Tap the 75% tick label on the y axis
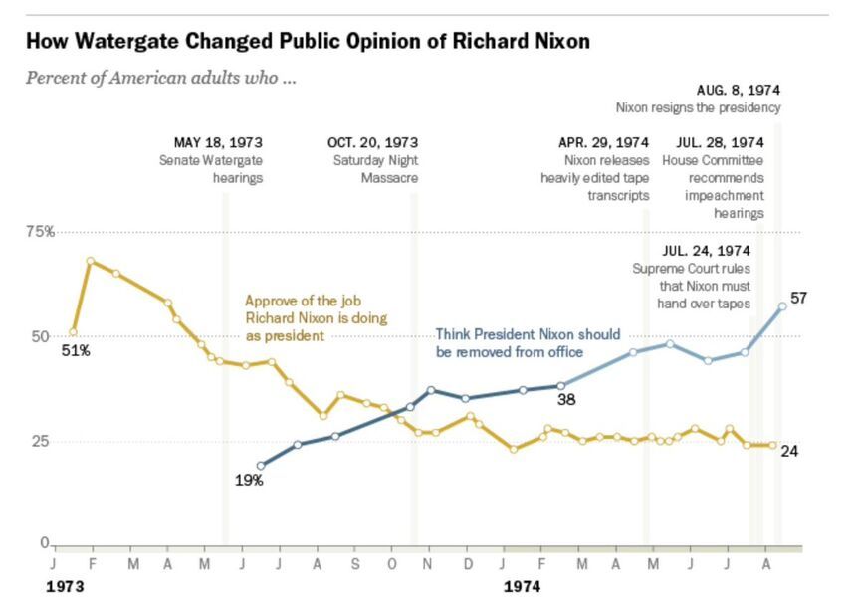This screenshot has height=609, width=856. tap(40, 232)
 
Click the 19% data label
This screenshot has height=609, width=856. tap(249, 481)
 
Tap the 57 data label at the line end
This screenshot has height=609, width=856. tap(798, 298)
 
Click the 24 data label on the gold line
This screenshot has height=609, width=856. tap(789, 451)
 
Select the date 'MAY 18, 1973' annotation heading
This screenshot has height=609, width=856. tap(218, 142)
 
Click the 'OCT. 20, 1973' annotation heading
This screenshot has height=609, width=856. tap(372, 142)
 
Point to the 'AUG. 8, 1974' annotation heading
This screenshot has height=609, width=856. tap(738, 90)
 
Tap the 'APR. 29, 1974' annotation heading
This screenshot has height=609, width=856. tap(603, 142)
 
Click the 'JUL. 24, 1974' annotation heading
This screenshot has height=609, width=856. tap(706, 250)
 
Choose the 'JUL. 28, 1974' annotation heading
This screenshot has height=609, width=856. tap(720, 142)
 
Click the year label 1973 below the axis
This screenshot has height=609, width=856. tap(65, 587)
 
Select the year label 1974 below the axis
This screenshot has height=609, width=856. tap(522, 587)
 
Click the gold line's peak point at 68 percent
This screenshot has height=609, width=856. tap(91, 261)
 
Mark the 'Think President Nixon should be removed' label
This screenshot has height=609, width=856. tap(528, 342)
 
